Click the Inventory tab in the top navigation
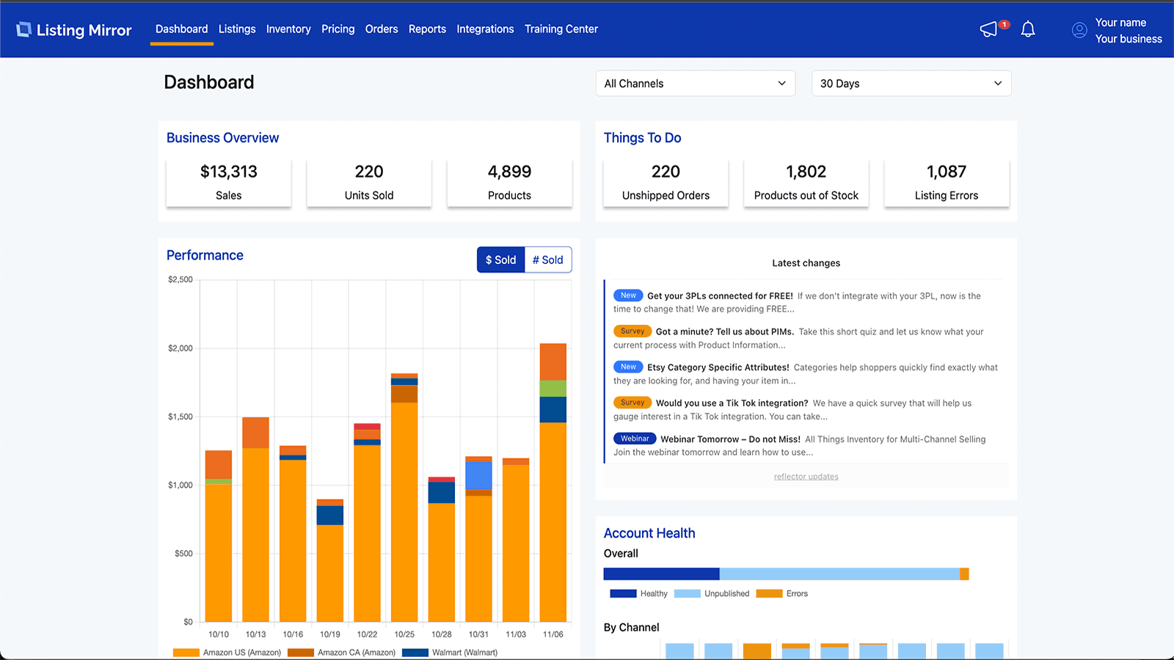(x=288, y=29)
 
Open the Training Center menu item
(x=561, y=29)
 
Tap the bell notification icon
(x=1028, y=29)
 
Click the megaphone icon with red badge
(x=990, y=29)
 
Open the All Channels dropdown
(x=695, y=84)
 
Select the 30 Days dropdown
(x=911, y=84)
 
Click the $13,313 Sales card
(x=228, y=183)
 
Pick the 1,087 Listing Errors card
(x=946, y=183)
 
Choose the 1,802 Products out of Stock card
(x=806, y=183)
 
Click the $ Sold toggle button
(x=500, y=260)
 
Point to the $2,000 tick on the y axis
(x=181, y=348)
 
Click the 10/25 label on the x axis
(x=404, y=634)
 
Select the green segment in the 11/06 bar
(x=553, y=389)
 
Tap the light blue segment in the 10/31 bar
(x=478, y=475)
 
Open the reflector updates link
(x=806, y=477)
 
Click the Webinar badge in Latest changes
(x=635, y=439)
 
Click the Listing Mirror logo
(x=74, y=30)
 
